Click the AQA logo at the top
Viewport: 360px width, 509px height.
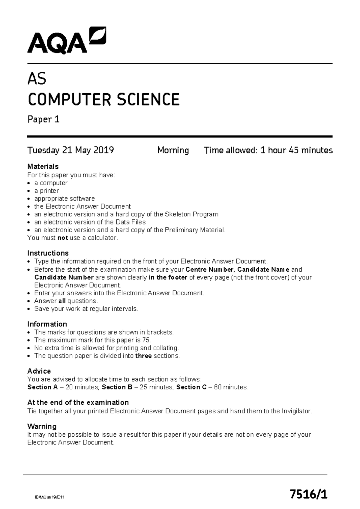click(x=67, y=41)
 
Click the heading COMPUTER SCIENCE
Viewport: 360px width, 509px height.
click(x=103, y=100)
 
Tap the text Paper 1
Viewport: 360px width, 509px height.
click(x=43, y=119)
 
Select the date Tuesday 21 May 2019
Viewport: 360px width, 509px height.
click(x=70, y=150)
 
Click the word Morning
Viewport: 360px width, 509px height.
click(x=173, y=150)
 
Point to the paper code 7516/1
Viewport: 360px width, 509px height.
click(x=308, y=494)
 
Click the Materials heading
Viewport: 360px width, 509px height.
click(x=43, y=167)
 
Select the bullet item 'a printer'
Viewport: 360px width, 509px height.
click(x=46, y=191)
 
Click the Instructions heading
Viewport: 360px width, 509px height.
click(x=48, y=253)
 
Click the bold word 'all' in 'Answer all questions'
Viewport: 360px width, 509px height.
click(x=62, y=301)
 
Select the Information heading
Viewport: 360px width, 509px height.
click(x=47, y=324)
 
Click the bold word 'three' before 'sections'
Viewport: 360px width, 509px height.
click(x=143, y=356)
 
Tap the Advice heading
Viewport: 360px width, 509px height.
click(x=39, y=371)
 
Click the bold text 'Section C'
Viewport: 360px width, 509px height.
click(x=191, y=387)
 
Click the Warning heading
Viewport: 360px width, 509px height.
click(x=42, y=426)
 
